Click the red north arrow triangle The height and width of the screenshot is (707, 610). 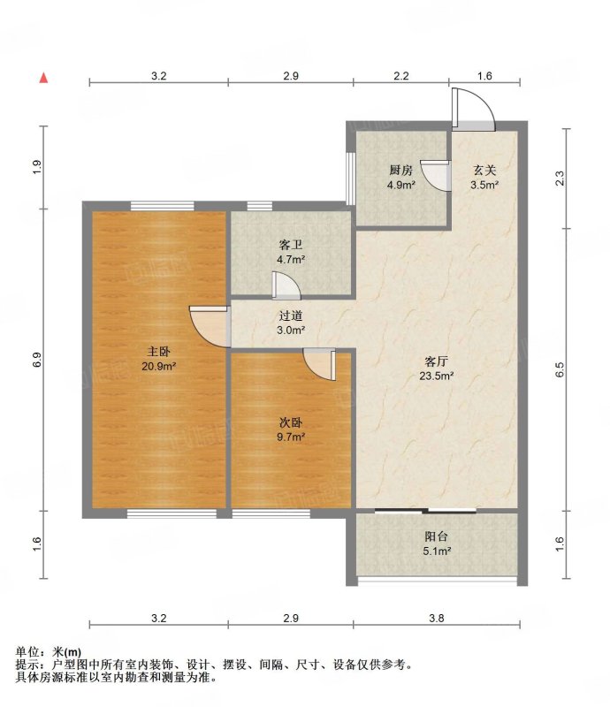point(43,78)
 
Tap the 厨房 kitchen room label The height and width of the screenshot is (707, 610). point(400,171)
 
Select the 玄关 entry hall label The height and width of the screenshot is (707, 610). point(484,171)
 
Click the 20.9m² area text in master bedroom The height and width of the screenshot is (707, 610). point(159,367)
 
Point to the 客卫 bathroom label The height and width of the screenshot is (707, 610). point(291,246)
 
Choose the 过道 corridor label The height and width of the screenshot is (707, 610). point(291,316)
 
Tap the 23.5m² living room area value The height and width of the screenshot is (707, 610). point(437,376)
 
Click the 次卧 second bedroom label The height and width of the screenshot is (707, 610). point(291,422)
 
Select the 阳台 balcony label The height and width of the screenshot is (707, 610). point(437,536)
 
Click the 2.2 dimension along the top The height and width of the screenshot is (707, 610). point(400,76)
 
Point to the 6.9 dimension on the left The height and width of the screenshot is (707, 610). point(37,360)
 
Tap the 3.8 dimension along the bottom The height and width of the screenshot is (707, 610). point(437,618)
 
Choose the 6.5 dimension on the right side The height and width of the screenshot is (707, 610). point(560,369)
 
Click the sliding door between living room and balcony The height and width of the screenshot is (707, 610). point(425,511)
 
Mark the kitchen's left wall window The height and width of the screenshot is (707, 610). point(350,179)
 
